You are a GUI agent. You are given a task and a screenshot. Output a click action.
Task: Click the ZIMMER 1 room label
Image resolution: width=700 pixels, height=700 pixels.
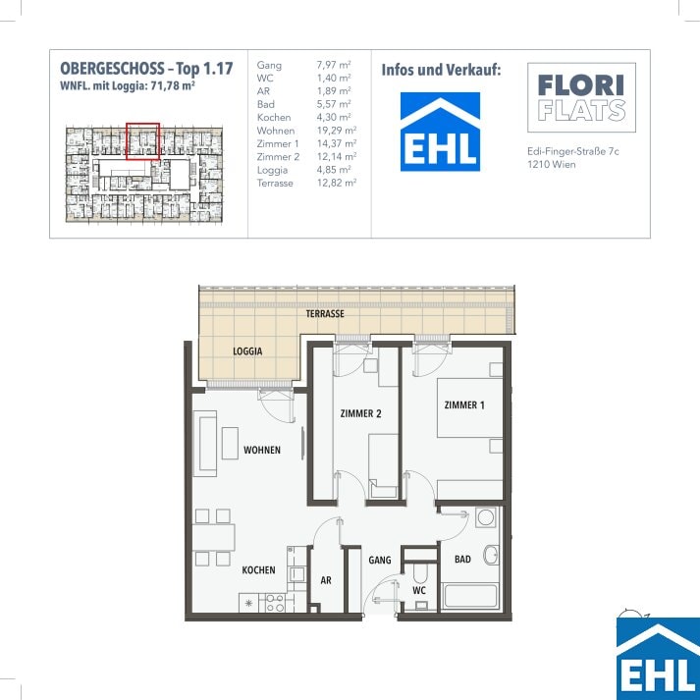pyautogui.click(x=464, y=404)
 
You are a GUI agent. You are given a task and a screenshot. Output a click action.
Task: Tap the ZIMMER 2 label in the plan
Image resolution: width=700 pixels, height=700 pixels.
pyautogui.click(x=360, y=413)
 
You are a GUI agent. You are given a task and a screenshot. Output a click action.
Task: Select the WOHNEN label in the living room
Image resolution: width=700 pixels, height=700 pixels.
pyautogui.click(x=262, y=450)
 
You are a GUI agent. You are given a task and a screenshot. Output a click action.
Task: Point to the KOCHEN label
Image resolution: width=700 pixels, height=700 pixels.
pyautogui.click(x=258, y=570)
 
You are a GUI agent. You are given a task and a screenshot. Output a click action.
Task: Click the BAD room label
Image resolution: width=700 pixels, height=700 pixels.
pyautogui.click(x=462, y=559)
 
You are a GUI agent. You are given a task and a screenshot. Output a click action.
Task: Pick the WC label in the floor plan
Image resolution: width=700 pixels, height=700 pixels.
pyautogui.click(x=419, y=591)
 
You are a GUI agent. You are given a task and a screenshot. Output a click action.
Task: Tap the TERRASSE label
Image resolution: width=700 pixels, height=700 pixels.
pyautogui.click(x=325, y=314)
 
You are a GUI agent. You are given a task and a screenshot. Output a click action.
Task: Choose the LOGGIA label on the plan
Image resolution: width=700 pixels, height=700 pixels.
pyautogui.click(x=247, y=351)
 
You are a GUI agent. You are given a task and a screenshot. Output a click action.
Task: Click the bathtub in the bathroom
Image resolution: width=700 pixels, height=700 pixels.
pyautogui.click(x=470, y=596)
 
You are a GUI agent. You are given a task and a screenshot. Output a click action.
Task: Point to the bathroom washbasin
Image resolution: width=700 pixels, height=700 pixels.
pyautogui.click(x=492, y=555)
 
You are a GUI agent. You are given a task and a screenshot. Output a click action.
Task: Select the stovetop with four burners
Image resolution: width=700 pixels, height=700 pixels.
pyautogui.click(x=276, y=603)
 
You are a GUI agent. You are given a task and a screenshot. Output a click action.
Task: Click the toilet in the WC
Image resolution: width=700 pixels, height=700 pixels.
pyautogui.click(x=420, y=572)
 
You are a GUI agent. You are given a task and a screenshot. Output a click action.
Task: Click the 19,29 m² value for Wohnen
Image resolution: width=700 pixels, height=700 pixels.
pyautogui.click(x=337, y=131)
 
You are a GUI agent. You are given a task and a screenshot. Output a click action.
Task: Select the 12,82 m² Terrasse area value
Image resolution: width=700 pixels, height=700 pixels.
pyautogui.click(x=337, y=183)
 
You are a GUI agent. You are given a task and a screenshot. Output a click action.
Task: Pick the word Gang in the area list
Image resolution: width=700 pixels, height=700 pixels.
pyautogui.click(x=269, y=66)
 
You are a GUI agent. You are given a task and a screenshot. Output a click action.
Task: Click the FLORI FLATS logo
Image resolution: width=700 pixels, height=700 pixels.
pyautogui.click(x=581, y=97)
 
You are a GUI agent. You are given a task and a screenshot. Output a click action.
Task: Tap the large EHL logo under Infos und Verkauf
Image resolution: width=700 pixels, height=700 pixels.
pyautogui.click(x=440, y=132)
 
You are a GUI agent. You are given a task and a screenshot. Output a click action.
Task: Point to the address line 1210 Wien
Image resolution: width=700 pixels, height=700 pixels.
pyautogui.click(x=552, y=164)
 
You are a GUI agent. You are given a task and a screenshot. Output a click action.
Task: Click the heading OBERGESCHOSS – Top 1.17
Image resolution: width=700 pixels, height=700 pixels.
pyautogui.click(x=146, y=69)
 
